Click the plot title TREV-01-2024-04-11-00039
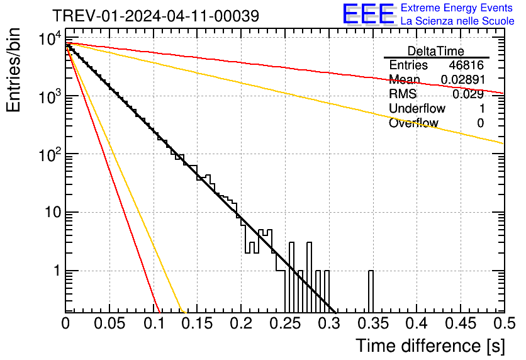pos(155,16)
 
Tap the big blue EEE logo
pos(368,14)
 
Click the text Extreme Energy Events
pos(457,8)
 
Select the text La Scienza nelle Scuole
pos(457,21)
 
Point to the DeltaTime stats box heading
pos(436,51)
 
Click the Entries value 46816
pos(466,65)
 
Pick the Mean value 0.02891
pos(462,80)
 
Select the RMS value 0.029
pos(468,94)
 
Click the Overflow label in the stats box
pos(413,123)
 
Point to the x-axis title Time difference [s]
pos(430,346)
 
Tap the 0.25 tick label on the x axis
pos(284,323)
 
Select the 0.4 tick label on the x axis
pos(416,323)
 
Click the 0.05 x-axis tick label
pos(109,323)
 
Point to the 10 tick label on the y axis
pos(50,213)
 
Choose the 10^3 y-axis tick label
pos(49,96)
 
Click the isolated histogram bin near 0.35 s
pos(371,291)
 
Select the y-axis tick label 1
pos(55,271)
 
